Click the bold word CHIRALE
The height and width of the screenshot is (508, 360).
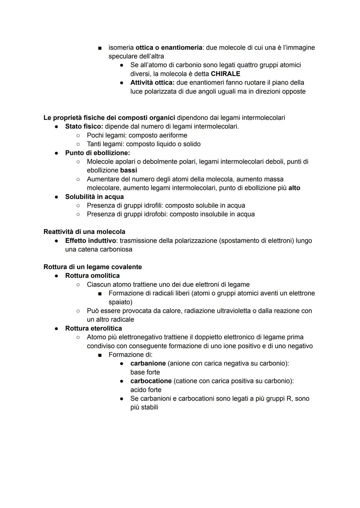pyautogui.click(x=225, y=74)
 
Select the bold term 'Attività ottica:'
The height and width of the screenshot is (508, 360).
pyautogui.click(x=152, y=82)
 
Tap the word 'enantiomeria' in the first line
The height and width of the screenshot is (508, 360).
pyautogui.click(x=181, y=47)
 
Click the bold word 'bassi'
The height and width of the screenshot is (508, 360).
pyautogui.click(x=128, y=170)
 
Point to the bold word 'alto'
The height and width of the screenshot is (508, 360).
pyautogui.click(x=294, y=188)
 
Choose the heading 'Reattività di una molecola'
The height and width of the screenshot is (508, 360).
pyautogui.click(x=84, y=232)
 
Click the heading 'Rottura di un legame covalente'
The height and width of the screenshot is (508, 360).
pyautogui.click(x=93, y=267)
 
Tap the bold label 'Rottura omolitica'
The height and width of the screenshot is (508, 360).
pyautogui.click(x=92, y=275)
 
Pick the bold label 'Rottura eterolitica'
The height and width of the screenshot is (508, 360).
pyautogui.click(x=94, y=328)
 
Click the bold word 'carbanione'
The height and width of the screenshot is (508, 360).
pyautogui.click(x=148, y=363)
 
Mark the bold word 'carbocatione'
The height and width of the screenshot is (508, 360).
pyautogui.click(x=151, y=381)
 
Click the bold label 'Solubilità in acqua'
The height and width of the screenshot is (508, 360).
pyautogui.click(x=94, y=197)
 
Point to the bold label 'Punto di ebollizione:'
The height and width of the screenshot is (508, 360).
pyautogui.click(x=98, y=153)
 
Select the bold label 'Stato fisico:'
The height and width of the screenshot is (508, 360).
pyautogui.click(x=84, y=126)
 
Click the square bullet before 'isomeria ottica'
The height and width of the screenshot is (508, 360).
pyautogui.click(x=99, y=48)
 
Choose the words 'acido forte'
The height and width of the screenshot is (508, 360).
pyautogui.click(x=146, y=390)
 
